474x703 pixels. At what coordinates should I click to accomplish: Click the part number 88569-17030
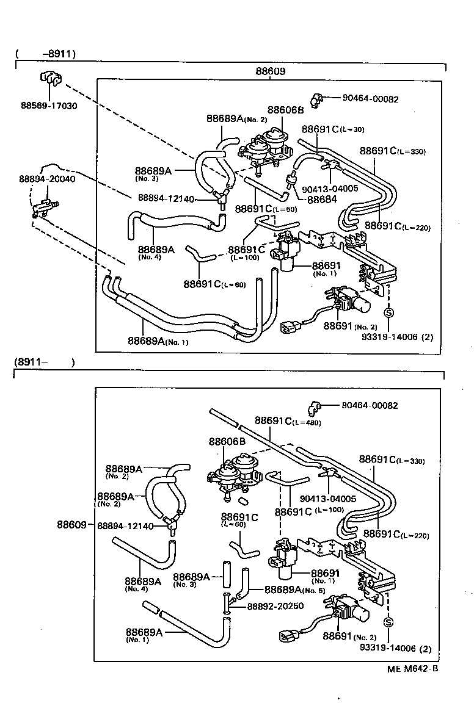point(48,106)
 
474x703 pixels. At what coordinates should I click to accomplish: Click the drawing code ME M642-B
point(412,668)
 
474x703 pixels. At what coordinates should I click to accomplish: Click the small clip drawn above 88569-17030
point(51,79)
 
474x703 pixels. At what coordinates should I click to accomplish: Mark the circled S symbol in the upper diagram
point(388,313)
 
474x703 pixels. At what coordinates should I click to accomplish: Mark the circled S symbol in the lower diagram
point(388,622)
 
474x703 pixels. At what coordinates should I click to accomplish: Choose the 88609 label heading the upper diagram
point(271,71)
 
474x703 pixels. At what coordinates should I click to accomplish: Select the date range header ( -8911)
point(45,54)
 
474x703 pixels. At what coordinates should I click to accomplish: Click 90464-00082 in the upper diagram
point(370,99)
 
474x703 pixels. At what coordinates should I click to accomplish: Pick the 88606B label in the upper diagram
point(285,110)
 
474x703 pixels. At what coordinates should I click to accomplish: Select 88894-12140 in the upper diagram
point(166,198)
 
